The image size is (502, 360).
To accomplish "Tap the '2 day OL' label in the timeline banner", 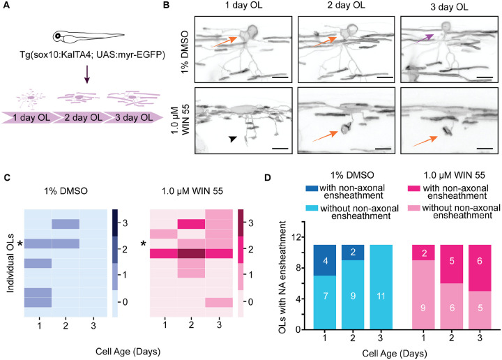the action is [83, 117].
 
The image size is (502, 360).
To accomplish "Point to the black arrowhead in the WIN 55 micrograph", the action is [233, 139].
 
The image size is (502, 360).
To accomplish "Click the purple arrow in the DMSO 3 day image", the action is [425, 39].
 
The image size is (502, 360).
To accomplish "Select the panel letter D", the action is [268, 177].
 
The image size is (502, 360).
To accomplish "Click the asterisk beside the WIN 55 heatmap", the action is [144, 244].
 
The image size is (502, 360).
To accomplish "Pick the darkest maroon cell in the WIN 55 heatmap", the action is [191, 254].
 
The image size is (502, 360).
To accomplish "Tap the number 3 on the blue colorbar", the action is [125, 223].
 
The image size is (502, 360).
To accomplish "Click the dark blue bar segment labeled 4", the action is [325, 260].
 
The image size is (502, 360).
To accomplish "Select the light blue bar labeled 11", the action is [381, 287].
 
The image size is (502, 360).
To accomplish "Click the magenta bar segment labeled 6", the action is [480, 268].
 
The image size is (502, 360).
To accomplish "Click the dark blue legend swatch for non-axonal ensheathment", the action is [312, 188].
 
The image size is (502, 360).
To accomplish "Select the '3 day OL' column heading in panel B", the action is [449, 7].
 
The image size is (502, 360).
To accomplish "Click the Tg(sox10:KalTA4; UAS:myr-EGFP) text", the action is [93, 55].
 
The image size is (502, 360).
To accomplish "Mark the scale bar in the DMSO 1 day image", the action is [280, 77].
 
